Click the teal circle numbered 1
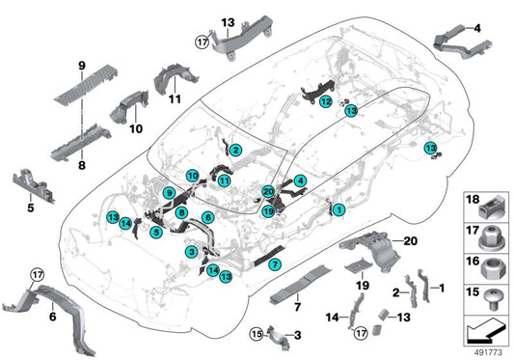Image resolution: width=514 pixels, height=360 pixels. (338, 208)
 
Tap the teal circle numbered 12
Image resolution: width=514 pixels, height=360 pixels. (327, 101)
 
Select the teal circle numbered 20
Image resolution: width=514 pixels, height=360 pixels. (268, 193)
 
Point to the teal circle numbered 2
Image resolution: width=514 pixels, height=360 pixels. (235, 149)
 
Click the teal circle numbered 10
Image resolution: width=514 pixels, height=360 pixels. (193, 176)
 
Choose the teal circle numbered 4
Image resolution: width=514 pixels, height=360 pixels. (301, 180)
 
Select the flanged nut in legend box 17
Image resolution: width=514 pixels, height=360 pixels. (491, 234)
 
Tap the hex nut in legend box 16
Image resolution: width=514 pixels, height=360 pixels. (491, 263)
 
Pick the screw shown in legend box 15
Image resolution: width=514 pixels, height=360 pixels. (491, 292)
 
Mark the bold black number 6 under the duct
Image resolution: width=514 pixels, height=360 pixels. (52, 316)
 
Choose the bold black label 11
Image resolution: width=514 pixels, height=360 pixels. (176, 98)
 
